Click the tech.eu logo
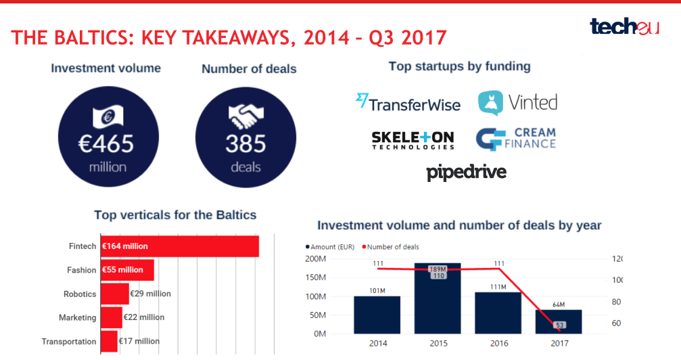(x=624, y=26)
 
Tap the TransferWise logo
(x=408, y=103)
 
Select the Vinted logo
(x=517, y=103)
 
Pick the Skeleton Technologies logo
(x=413, y=139)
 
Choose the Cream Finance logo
(x=515, y=138)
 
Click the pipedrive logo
(x=466, y=172)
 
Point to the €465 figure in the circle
(x=108, y=143)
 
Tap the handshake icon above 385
(x=245, y=117)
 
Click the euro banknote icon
(x=108, y=117)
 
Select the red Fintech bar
(x=179, y=246)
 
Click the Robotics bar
(x=114, y=294)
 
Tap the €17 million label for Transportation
(x=139, y=341)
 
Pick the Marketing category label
(x=77, y=317)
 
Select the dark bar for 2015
(x=437, y=298)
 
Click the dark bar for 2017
(x=559, y=321)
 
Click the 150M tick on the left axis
(x=316, y=277)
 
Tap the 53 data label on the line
(x=559, y=325)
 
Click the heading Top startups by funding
(x=459, y=66)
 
